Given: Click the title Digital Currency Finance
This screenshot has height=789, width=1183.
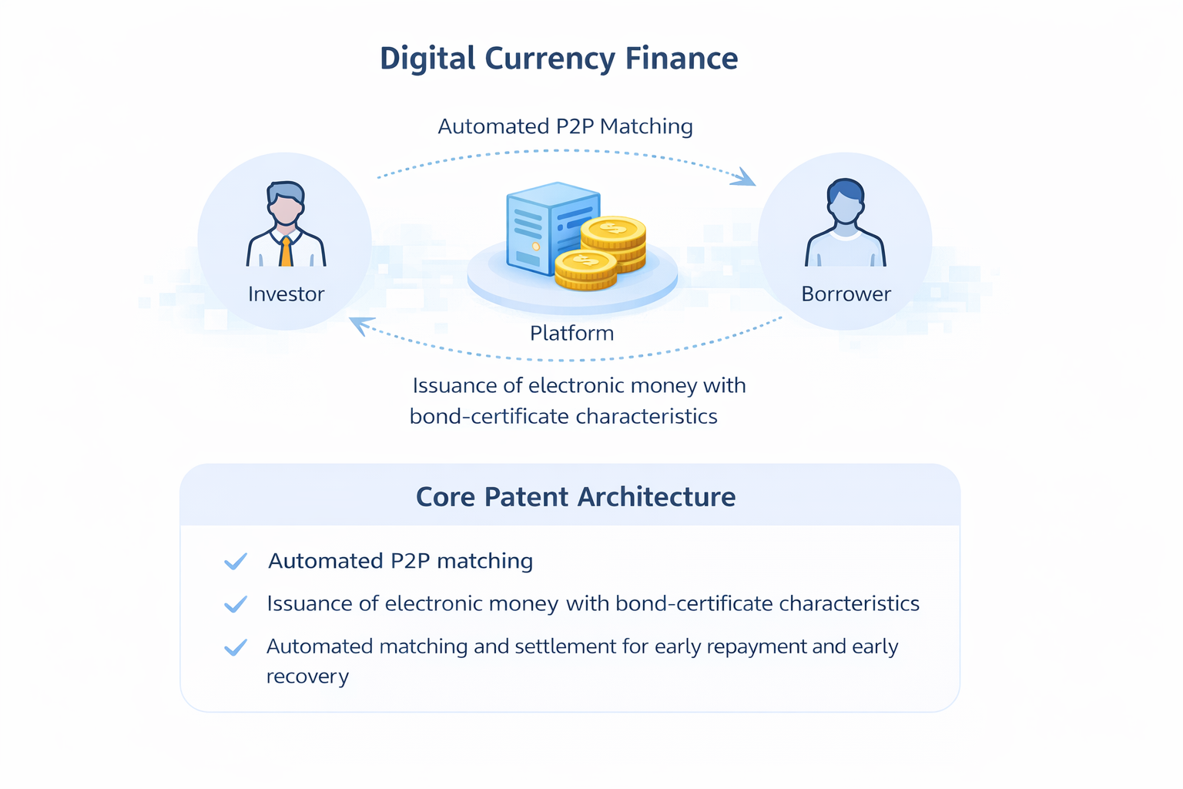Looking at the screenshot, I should click(x=558, y=59).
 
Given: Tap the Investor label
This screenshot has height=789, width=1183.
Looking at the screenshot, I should click(x=286, y=294).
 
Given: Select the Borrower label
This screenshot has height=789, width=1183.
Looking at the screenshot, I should click(x=846, y=294).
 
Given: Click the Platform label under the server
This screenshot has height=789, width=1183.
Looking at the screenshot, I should click(x=571, y=334).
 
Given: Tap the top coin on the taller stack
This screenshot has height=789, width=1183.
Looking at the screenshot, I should click(x=613, y=229).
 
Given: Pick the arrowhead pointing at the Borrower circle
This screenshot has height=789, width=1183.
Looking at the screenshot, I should click(x=746, y=178).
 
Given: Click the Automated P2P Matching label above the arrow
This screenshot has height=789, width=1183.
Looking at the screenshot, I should click(x=565, y=126).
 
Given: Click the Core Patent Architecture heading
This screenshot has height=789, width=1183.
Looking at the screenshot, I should click(x=575, y=497).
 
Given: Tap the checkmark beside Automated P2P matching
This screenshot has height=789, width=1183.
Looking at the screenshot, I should click(x=236, y=562).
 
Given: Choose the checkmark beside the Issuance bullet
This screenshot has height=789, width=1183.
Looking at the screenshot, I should click(x=236, y=604).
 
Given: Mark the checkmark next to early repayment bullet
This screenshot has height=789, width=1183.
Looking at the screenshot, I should click(x=236, y=647).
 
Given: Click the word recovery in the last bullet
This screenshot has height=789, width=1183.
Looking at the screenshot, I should click(x=307, y=677).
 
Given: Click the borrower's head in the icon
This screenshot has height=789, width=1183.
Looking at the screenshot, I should click(x=845, y=200).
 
